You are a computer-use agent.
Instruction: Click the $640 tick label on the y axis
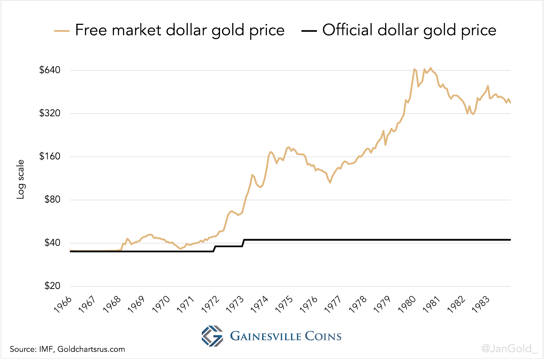click(x=50, y=70)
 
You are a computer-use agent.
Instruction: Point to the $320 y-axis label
click(x=50, y=113)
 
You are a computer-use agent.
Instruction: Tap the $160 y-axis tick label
click(x=50, y=156)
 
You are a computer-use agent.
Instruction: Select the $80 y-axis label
click(x=52, y=200)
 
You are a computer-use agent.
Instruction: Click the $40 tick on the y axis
click(x=52, y=243)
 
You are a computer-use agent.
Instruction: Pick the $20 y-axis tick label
click(x=52, y=286)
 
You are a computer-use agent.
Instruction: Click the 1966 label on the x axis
click(x=63, y=304)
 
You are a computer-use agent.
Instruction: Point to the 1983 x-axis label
click(x=481, y=304)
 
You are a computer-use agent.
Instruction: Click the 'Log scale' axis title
click(x=21, y=179)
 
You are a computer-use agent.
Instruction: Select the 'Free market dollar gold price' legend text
click(x=180, y=30)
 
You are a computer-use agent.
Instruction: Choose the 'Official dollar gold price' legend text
click(x=409, y=30)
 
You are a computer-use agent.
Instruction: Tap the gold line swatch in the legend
click(x=62, y=31)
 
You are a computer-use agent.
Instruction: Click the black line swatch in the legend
click(x=309, y=31)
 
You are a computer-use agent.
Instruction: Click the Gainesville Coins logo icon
click(x=213, y=336)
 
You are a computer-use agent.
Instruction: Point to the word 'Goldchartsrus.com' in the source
click(x=91, y=349)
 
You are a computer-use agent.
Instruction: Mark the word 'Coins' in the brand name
click(x=323, y=336)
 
